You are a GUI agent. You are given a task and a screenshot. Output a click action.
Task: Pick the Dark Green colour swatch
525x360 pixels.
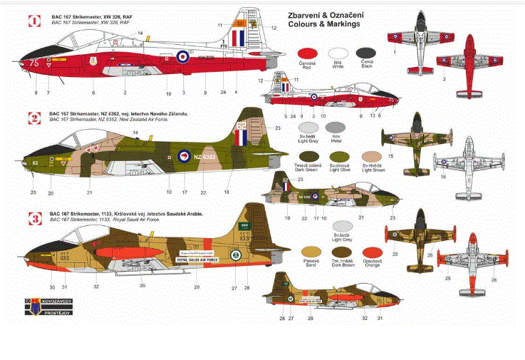(308, 156)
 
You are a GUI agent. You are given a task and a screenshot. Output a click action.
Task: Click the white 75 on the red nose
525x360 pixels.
(34, 63)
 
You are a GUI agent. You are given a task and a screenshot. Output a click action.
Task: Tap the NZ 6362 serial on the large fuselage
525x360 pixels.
(204, 156)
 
